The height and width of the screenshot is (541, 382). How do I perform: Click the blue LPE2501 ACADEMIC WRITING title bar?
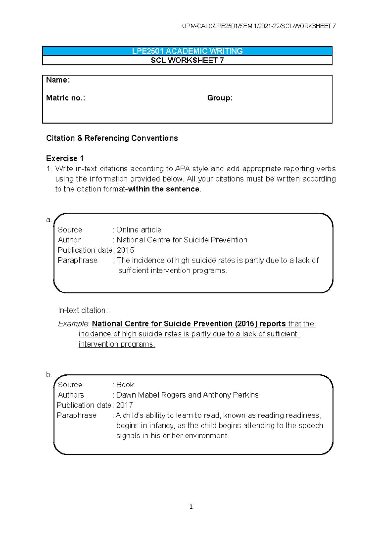(x=187, y=51)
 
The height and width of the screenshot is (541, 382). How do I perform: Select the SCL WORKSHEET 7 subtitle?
(x=187, y=61)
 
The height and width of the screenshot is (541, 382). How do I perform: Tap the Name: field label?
(x=58, y=80)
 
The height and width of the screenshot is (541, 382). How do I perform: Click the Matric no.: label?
(x=66, y=98)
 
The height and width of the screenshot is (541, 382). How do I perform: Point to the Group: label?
(x=220, y=98)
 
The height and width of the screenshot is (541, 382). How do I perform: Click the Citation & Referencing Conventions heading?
(x=112, y=138)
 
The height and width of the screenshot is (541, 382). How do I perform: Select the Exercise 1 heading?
(x=65, y=158)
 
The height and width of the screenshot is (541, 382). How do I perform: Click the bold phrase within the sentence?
(x=163, y=189)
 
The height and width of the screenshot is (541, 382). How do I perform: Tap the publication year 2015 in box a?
(x=125, y=250)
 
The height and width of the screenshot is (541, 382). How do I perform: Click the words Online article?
(x=139, y=230)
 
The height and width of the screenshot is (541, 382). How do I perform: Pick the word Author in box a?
(x=69, y=240)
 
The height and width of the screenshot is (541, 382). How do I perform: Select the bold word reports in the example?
(x=272, y=324)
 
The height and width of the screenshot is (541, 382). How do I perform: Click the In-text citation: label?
(x=83, y=310)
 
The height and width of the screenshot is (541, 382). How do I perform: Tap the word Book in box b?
(x=125, y=385)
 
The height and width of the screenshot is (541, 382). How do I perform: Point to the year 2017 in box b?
(x=124, y=405)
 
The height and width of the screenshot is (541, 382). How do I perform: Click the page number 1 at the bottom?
(x=191, y=507)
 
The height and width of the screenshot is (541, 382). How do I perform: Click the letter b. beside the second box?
(x=49, y=374)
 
